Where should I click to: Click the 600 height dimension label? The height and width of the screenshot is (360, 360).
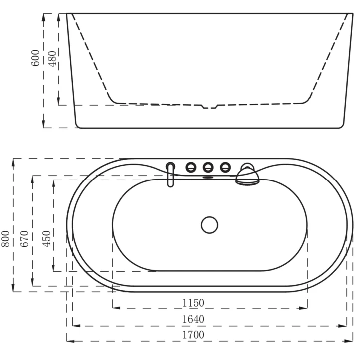(35, 58)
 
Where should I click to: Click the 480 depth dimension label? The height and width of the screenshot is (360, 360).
(52, 59)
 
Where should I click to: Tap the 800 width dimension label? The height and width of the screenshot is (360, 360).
(6, 239)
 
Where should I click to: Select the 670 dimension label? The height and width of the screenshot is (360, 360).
(24, 239)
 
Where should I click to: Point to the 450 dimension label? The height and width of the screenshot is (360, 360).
(46, 239)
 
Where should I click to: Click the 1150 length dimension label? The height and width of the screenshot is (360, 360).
(193, 303)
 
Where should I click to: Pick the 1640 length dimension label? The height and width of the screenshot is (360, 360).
(193, 319)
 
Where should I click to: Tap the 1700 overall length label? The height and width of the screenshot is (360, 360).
(193, 335)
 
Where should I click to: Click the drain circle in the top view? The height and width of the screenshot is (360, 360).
(209, 225)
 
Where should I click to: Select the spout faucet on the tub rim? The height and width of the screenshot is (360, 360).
(170, 175)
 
